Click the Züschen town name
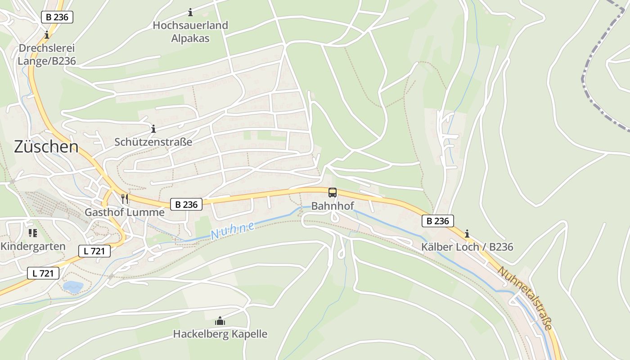point(46,147)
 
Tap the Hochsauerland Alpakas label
point(190,31)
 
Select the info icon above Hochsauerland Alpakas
point(190,12)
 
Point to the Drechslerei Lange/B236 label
point(47,54)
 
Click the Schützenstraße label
point(153,142)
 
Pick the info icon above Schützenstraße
point(153,129)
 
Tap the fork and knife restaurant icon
point(125,198)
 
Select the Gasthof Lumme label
point(125,212)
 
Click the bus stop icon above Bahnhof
point(333,193)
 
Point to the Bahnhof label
point(333,206)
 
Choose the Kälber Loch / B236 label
point(467,247)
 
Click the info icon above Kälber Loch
point(467,234)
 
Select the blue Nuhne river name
point(232,231)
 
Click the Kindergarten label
point(33,246)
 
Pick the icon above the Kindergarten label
point(32,233)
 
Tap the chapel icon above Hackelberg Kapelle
point(220,321)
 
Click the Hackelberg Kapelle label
point(220,334)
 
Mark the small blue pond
point(73,287)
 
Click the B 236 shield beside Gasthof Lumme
point(186,204)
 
